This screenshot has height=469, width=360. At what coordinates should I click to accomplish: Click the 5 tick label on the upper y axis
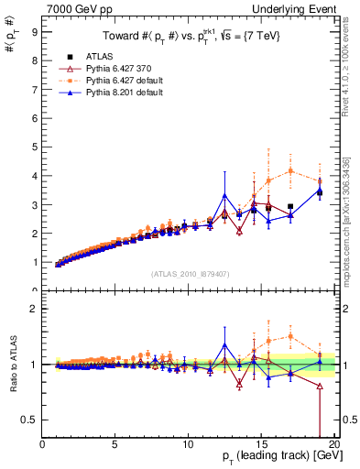pos(35,147)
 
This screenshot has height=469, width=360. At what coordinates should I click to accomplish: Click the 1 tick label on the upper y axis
pos(35,262)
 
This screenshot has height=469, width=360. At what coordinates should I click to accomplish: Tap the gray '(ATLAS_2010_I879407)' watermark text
pos(191,273)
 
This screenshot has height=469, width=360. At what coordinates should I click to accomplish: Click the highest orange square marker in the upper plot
pos(290,170)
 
